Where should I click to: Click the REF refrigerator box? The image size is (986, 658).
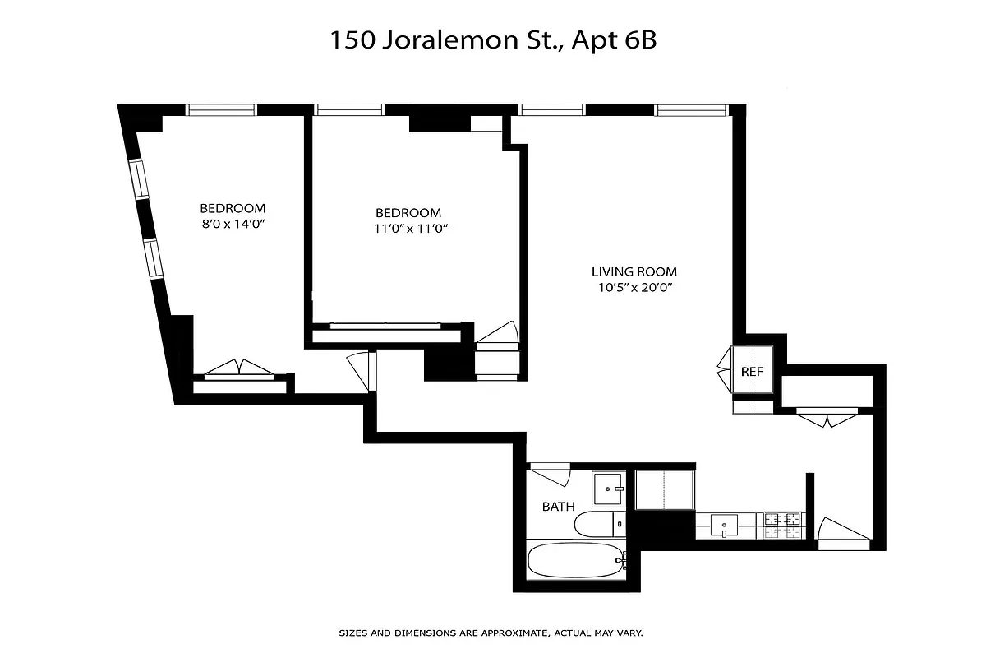tap(752, 371)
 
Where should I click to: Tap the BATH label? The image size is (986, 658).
tap(558, 507)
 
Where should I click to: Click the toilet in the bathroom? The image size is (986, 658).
tap(595, 524)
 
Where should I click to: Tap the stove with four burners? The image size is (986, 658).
tap(782, 525)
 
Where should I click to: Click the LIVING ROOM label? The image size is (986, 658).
tap(634, 271)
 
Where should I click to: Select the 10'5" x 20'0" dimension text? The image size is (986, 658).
tap(634, 288)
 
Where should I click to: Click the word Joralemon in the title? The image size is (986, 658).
tap(436, 40)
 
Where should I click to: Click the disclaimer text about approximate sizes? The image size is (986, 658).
tap(491, 633)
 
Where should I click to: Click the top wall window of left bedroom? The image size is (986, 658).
tap(221, 109)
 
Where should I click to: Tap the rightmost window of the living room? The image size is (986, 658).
tap(690, 109)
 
